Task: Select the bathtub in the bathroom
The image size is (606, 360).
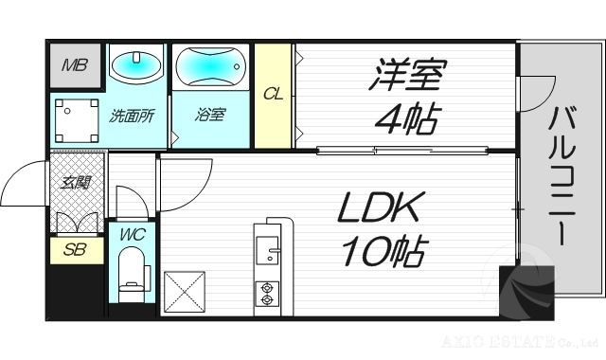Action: (211, 67)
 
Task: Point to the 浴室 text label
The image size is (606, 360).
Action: (210, 117)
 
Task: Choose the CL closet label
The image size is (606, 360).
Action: (272, 94)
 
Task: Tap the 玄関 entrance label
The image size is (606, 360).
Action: (75, 181)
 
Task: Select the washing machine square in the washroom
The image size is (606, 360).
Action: (75, 120)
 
